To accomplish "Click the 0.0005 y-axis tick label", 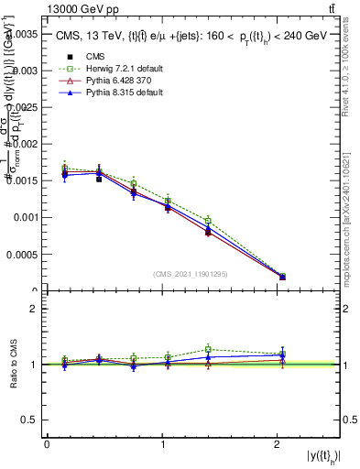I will [x=21, y=255].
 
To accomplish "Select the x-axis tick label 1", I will [x=162, y=443].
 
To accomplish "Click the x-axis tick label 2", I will [x=278, y=443].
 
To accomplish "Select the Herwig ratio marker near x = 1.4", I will [x=208, y=349].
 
